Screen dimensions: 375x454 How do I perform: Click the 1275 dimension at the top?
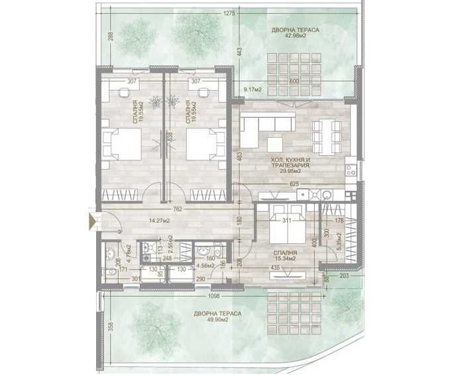[x=230, y=13]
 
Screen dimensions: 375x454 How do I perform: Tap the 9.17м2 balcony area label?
[x=253, y=89]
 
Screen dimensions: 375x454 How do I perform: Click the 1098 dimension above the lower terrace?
[x=212, y=295]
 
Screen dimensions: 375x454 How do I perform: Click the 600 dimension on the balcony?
[x=296, y=81]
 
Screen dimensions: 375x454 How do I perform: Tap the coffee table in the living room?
[x=276, y=144]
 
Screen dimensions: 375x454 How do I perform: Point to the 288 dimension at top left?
[x=111, y=39]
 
